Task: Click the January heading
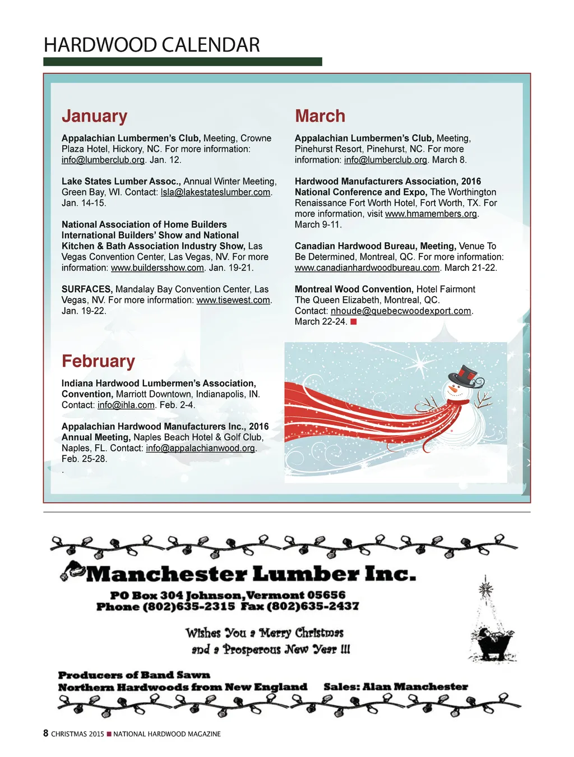94,116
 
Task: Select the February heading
98,361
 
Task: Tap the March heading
320,116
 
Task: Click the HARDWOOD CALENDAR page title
152,45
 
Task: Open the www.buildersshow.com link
158,268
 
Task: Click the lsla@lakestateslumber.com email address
216,192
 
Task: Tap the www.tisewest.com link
233,301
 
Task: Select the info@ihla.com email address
126,405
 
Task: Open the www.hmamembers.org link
431,214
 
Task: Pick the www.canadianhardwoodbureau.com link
367,268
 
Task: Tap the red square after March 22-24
354,322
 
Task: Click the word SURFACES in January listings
87,289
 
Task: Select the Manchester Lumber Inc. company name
251,574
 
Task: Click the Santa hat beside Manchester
72,570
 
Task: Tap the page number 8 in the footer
46,733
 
